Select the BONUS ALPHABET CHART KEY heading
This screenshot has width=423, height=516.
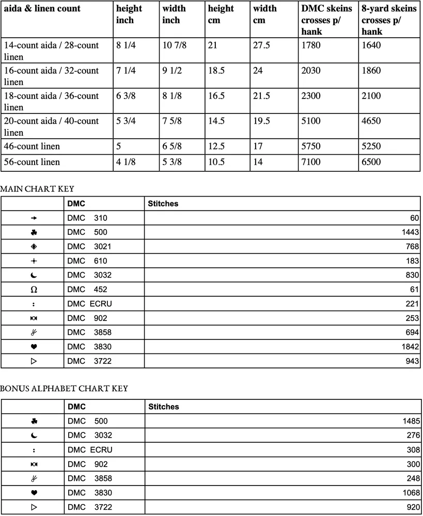pyautogui.click(x=64, y=388)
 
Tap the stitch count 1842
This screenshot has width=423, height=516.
pyautogui.click(x=409, y=347)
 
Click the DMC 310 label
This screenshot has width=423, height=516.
pyautogui.click(x=87, y=218)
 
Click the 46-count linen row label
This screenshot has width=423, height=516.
pyautogui.click(x=32, y=147)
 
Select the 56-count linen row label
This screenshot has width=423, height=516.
pyautogui.click(x=32, y=162)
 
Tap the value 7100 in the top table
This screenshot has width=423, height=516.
pyautogui.click(x=311, y=162)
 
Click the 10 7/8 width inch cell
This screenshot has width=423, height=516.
pyautogui.click(x=175, y=45)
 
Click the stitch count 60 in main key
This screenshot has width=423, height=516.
pyautogui.click(x=414, y=218)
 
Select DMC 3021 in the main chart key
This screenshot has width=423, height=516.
pyautogui.click(x=89, y=247)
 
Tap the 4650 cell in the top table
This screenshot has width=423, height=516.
pyautogui.click(x=371, y=121)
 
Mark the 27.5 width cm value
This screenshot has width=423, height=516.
pyautogui.click(x=262, y=45)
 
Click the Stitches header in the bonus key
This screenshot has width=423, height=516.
pyautogui.click(x=164, y=407)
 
